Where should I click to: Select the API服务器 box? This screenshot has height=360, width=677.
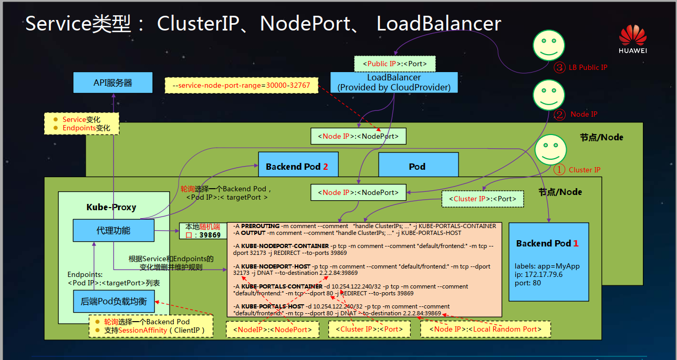point(113,83)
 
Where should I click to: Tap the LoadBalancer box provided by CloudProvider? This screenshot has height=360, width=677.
point(394,83)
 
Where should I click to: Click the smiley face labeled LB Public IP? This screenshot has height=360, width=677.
point(548,44)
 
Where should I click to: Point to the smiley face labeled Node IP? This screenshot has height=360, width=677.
point(548,95)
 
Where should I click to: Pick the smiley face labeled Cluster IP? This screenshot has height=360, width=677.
point(550,149)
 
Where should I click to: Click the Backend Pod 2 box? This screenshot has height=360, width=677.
point(298,166)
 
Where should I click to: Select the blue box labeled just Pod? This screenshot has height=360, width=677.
point(418,166)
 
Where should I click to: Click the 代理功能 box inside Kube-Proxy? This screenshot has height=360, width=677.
point(113,230)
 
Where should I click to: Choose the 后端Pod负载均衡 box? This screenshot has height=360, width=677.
point(114,302)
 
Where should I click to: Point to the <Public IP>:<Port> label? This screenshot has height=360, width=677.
point(394,64)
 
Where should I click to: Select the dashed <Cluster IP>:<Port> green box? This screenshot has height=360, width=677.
point(482,199)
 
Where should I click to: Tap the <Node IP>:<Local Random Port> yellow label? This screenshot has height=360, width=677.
point(485,329)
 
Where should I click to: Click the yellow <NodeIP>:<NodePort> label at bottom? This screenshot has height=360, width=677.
point(273,329)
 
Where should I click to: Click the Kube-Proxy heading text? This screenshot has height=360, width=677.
point(111,207)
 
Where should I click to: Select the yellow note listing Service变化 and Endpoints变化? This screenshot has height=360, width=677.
point(82,124)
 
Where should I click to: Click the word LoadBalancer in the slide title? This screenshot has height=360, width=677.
point(439,24)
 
